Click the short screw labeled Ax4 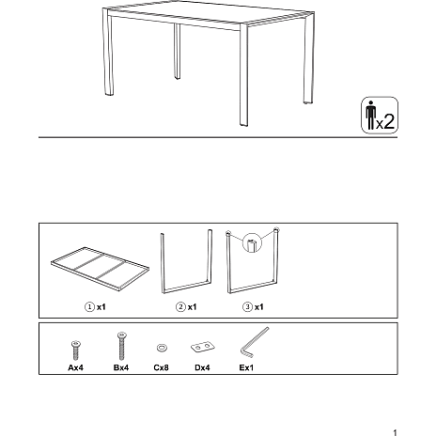click(75, 350)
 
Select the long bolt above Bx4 click(122, 346)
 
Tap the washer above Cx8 click(162, 348)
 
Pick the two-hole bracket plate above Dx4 click(203, 347)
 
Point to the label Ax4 click(75, 367)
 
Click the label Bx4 click(121, 367)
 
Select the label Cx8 click(161, 367)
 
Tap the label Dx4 click(202, 367)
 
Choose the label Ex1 click(246, 367)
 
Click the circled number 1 click(89, 307)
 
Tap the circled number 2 click(180, 307)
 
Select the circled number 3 click(247, 307)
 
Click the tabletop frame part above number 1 click(100, 269)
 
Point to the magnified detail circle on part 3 click(252, 242)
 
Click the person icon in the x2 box click(370, 115)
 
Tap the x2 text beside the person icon click(385, 121)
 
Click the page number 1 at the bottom click(395, 432)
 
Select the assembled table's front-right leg click(243, 75)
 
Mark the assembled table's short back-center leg click(178, 51)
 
